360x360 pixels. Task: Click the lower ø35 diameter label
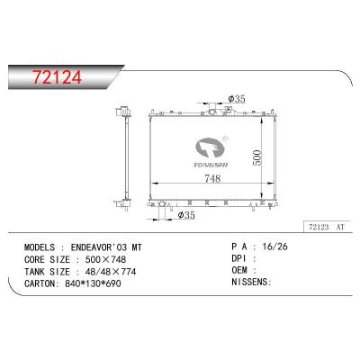click(187, 215)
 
